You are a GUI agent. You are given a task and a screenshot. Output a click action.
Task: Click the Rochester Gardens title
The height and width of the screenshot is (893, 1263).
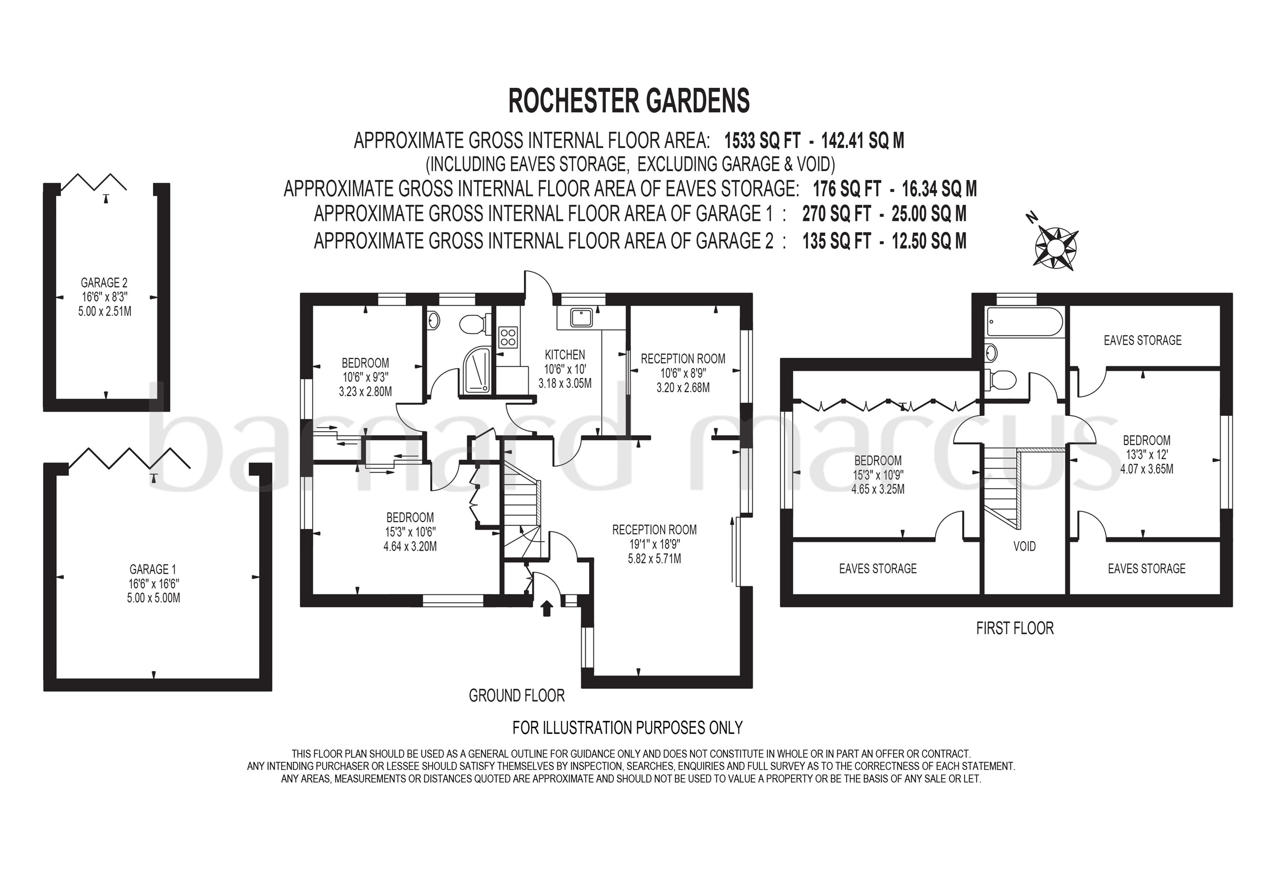pyautogui.click(x=629, y=101)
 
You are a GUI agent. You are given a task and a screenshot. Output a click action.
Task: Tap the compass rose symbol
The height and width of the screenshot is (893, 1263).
pyautogui.click(x=1056, y=248)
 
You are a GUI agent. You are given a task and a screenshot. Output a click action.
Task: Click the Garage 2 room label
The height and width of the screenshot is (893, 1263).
pyautogui.click(x=104, y=283)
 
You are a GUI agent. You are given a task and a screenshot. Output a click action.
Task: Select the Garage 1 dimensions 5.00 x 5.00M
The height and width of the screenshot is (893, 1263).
pyautogui.click(x=153, y=598)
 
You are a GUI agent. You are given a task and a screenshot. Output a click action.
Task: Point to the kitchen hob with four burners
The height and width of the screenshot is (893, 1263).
pyautogui.click(x=508, y=337)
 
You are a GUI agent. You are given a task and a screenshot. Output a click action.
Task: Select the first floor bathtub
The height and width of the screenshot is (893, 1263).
pyautogui.click(x=1025, y=321)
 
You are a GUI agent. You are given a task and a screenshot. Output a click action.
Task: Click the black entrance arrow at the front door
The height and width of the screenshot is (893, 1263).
pyautogui.click(x=546, y=608)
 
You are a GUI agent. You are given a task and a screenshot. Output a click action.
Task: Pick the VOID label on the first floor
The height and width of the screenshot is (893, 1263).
pyautogui.click(x=1024, y=546)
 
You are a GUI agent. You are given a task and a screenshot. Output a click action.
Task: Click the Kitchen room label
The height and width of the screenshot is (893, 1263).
pyautogui.click(x=565, y=355)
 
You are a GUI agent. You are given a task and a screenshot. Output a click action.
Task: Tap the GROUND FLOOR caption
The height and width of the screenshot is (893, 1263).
pyautogui.click(x=517, y=696)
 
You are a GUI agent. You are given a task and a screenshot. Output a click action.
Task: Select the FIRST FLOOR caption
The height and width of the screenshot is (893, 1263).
pyautogui.click(x=1015, y=629)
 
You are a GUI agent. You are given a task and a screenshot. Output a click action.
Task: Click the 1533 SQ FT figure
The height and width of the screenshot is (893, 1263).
pyautogui.click(x=762, y=141)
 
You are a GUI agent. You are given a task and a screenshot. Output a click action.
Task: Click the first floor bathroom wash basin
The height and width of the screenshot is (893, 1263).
pyautogui.click(x=991, y=352)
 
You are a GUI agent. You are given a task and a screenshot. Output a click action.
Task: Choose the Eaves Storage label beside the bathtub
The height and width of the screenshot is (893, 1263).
pyautogui.click(x=1143, y=340)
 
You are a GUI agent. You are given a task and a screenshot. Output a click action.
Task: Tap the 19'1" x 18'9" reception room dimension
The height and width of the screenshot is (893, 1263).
pyautogui.click(x=655, y=544)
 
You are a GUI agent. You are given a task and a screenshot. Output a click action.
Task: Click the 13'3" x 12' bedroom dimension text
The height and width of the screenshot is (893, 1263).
pyautogui.click(x=1147, y=454)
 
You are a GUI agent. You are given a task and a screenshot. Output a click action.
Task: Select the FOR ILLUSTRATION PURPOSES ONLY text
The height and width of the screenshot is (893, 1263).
pyautogui.click(x=628, y=728)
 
